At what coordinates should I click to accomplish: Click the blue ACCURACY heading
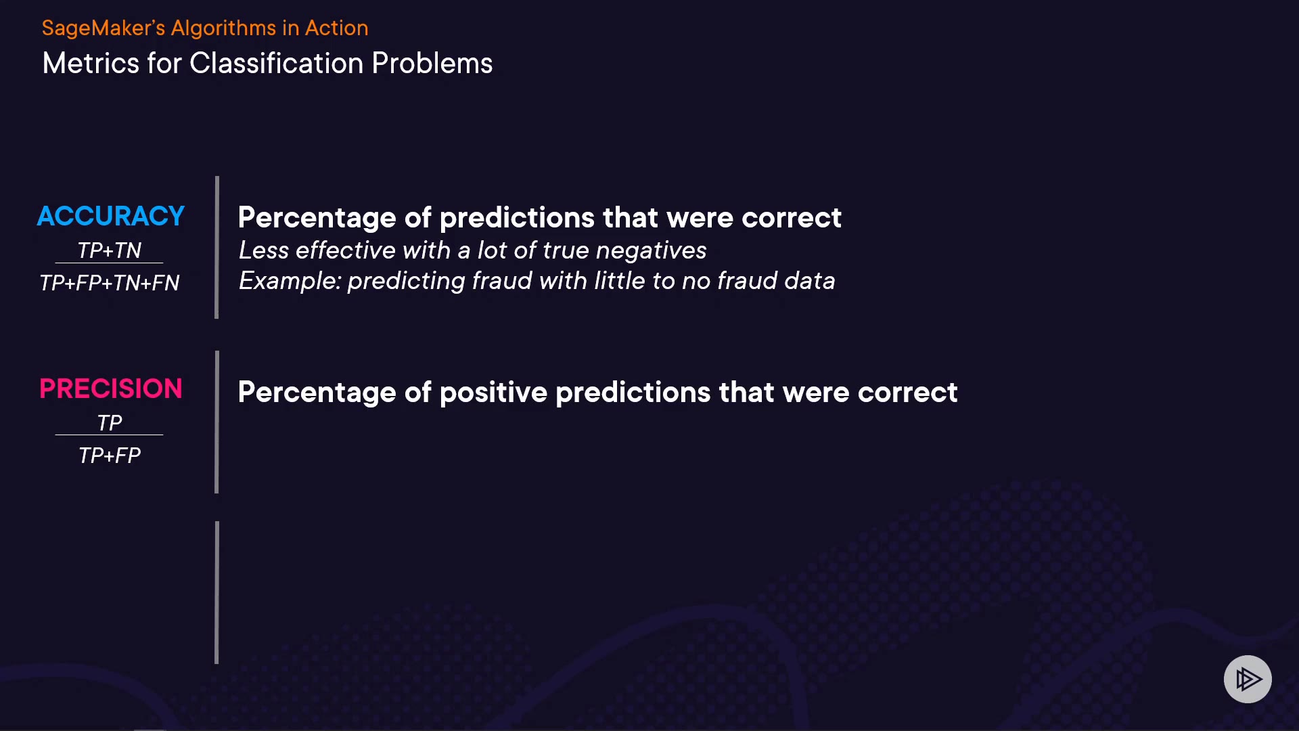coord(111,216)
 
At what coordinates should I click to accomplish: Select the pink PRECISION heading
coord(111,389)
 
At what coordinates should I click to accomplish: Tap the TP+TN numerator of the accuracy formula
coord(110,250)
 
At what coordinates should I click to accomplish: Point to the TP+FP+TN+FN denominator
coord(110,283)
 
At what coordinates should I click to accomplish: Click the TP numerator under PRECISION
coord(110,423)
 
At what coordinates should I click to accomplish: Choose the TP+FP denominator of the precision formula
coord(110,456)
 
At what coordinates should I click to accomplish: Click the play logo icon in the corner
coord(1248,679)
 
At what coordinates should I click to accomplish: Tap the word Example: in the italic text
coord(290,281)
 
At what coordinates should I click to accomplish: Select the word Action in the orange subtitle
coord(336,28)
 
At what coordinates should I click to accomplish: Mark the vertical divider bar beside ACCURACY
coord(216,247)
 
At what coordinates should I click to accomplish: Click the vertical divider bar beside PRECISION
coord(216,422)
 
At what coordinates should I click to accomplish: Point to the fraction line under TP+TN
coord(109,263)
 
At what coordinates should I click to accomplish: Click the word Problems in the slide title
coord(432,64)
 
